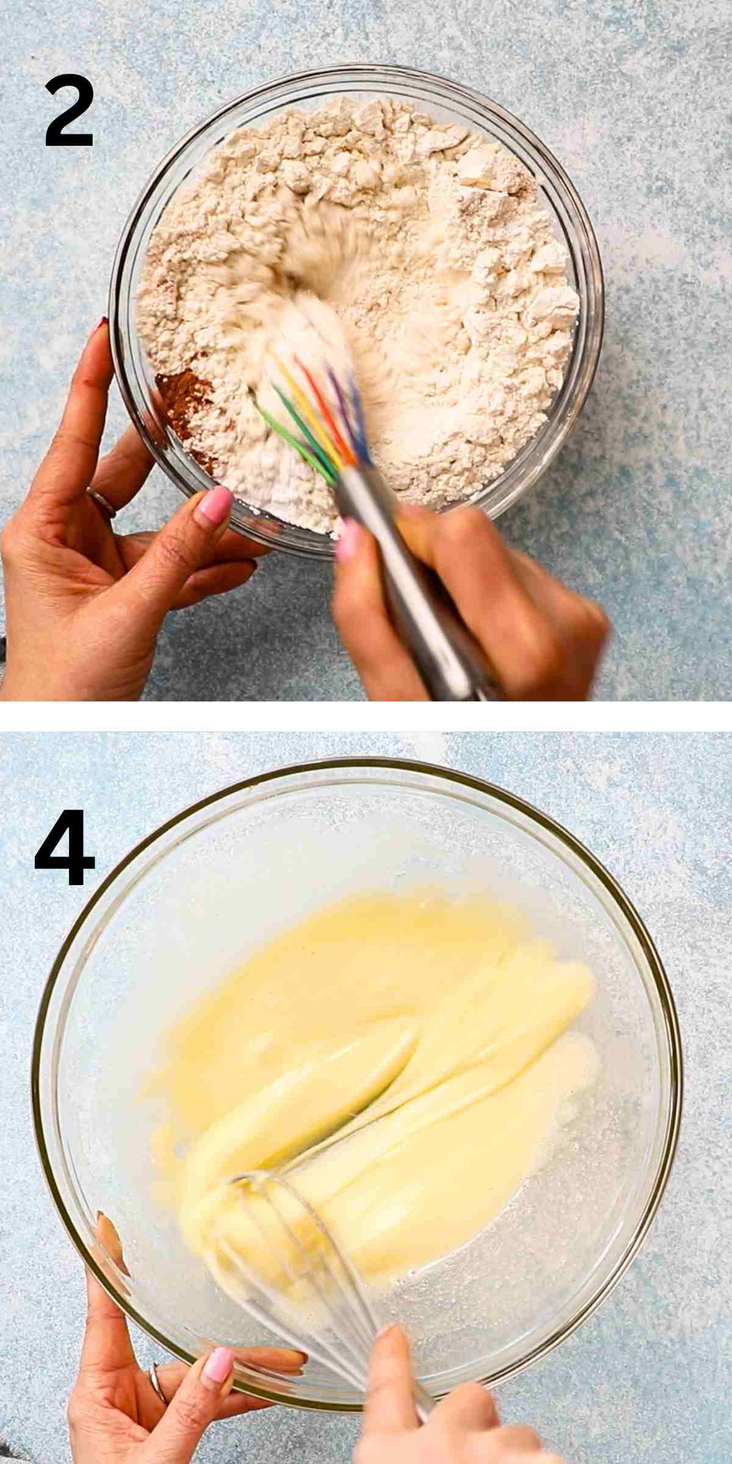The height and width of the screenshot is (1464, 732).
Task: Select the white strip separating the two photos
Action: [x=366, y=716]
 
